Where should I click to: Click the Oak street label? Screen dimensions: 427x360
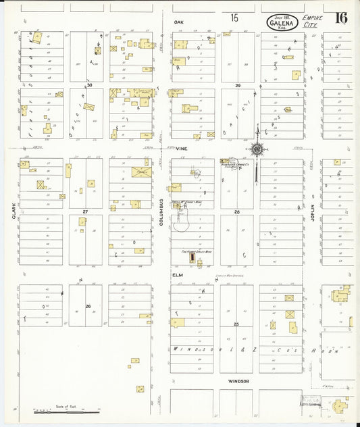(x=178, y=22)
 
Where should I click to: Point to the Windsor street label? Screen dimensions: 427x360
(x=239, y=381)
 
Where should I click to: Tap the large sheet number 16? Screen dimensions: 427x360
(x=342, y=18)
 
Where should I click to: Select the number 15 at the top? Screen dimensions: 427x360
(x=234, y=18)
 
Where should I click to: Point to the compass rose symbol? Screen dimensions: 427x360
(x=257, y=149)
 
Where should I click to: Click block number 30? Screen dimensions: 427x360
(x=88, y=86)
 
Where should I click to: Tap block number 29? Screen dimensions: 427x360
(x=238, y=86)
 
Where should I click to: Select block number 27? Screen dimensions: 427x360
(x=86, y=212)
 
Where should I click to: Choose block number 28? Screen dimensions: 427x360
(x=237, y=212)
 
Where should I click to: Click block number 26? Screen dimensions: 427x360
(x=88, y=306)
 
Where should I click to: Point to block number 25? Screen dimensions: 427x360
(x=236, y=324)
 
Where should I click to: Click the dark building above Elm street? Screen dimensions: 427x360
(x=191, y=258)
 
